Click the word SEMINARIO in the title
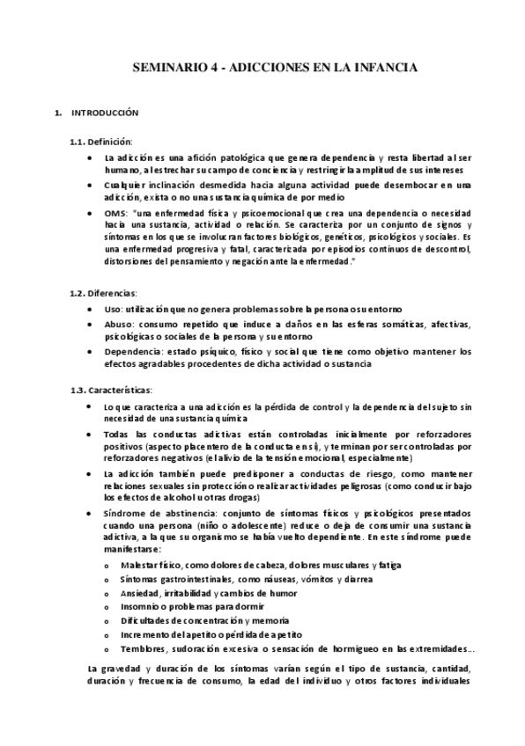167,66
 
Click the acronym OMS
115,214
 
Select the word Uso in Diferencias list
111,310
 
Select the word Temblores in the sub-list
141,649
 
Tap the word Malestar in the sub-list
139,563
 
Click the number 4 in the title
212,66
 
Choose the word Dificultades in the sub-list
144,619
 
